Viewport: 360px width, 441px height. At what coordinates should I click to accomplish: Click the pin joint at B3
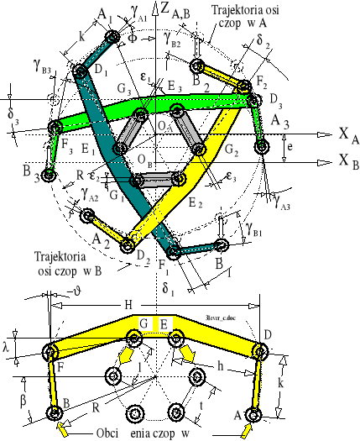click(50, 176)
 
